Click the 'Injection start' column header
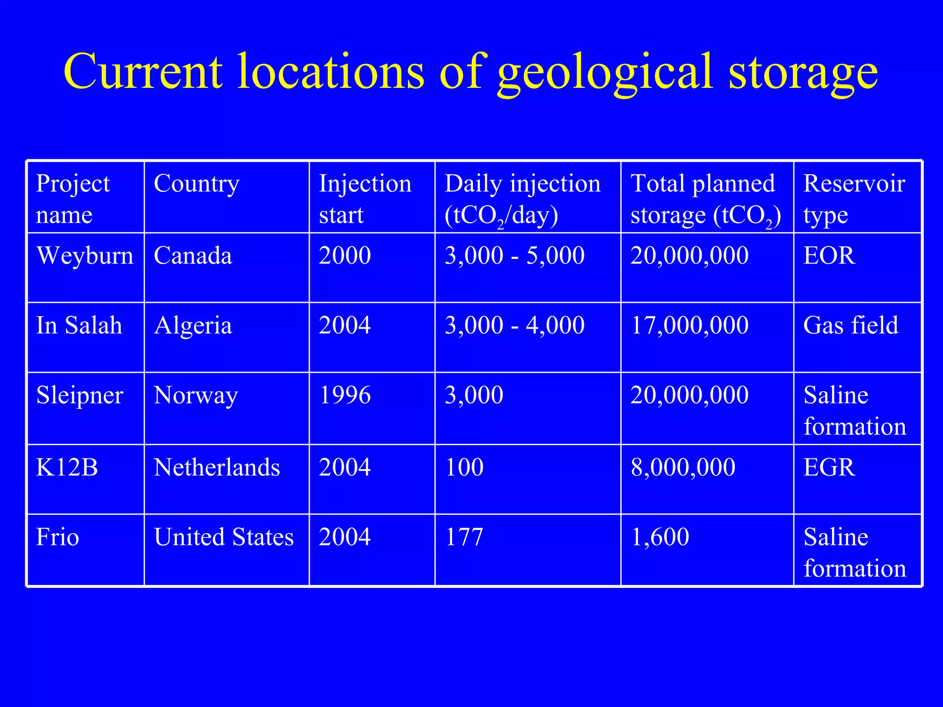click(365, 199)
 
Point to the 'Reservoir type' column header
click(854, 199)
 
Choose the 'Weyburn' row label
click(85, 256)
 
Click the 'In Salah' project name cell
click(79, 326)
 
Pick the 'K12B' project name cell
click(67, 468)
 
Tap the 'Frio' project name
click(58, 538)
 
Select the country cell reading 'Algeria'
click(193, 326)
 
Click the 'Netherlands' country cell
click(217, 468)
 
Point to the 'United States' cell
click(224, 538)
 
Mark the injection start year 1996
click(345, 395)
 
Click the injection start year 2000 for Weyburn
click(345, 256)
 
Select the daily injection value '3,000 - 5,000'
click(514, 256)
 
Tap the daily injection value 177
click(464, 538)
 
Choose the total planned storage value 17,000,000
click(689, 326)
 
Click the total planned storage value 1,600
click(660, 538)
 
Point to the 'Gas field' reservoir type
click(850, 326)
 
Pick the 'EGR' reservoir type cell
click(829, 468)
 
